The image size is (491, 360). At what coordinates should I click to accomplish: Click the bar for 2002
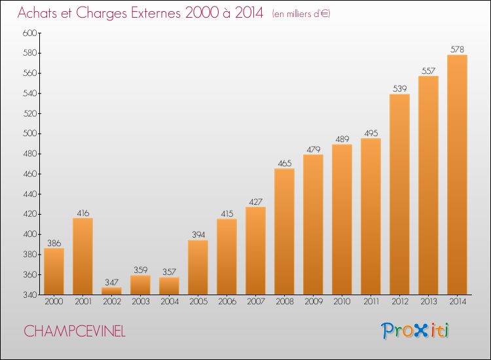[x=111, y=291]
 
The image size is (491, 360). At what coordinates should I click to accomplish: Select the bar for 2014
[x=457, y=175]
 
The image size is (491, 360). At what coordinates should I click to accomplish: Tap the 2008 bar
[x=284, y=232]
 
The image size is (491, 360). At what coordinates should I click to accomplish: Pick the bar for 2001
[x=82, y=256]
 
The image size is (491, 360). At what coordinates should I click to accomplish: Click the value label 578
[x=457, y=50]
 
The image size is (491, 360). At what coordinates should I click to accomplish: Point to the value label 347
[x=111, y=282]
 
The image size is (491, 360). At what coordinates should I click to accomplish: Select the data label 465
[x=284, y=163]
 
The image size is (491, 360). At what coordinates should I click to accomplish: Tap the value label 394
[x=198, y=234]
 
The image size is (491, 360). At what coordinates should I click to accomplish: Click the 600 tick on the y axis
[x=30, y=33]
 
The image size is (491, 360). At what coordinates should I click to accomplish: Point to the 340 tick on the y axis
[x=30, y=295]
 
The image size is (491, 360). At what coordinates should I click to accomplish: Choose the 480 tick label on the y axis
[x=30, y=154]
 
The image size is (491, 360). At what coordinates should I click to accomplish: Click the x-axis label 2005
[x=198, y=301]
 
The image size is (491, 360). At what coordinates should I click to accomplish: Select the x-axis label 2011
[x=371, y=301]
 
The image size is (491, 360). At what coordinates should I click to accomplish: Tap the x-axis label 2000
[x=54, y=301]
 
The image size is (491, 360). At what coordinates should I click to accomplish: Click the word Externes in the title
[x=156, y=13]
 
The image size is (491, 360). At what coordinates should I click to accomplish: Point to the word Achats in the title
[x=37, y=13]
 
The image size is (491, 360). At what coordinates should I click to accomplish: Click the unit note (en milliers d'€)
[x=301, y=14]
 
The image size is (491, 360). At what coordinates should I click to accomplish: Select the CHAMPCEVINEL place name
[x=75, y=331]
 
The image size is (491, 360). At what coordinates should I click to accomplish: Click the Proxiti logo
[x=414, y=331]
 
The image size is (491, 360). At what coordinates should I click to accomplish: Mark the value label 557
[x=428, y=71]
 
